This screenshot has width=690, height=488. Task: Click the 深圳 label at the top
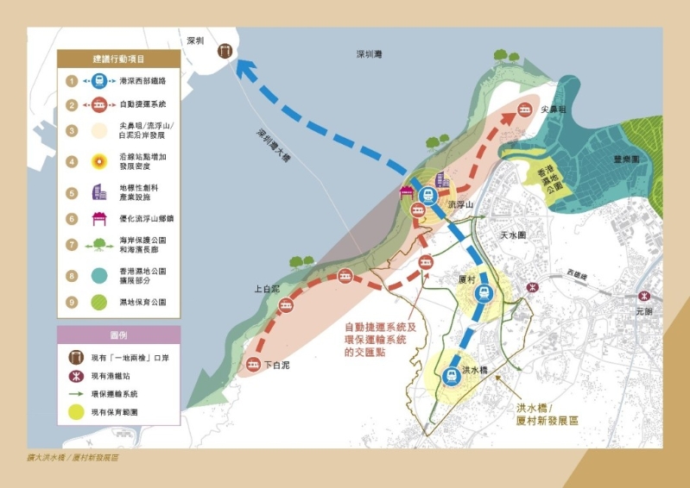[195, 41]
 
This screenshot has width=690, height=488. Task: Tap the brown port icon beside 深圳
[225, 51]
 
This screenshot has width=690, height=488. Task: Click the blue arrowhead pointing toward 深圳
[249, 72]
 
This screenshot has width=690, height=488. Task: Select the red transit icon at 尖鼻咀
[525, 109]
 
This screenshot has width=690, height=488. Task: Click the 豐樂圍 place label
[625, 160]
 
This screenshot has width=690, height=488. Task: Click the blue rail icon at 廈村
[484, 293]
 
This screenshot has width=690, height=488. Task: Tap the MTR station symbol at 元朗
[643, 296]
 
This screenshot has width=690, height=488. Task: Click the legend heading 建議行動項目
[118, 59]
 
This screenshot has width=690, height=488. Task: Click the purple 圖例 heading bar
[118, 334]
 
